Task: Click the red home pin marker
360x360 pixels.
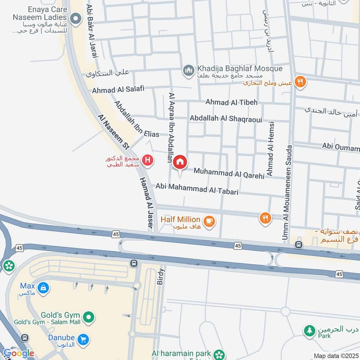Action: coord(180,162)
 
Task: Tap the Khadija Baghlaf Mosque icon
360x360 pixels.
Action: coord(188,70)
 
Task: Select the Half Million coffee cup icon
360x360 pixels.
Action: coord(209,220)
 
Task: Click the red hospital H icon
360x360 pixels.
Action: coord(147,160)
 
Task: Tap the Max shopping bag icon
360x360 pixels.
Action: coord(43,287)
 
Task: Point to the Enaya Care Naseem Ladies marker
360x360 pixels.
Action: coord(76,18)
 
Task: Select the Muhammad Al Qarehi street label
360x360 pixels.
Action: coord(229,173)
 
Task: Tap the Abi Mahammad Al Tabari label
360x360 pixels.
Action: coord(197,188)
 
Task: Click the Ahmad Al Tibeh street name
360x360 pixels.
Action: coord(231,102)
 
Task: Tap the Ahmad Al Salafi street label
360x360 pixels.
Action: coord(118,90)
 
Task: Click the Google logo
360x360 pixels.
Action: coord(18,353)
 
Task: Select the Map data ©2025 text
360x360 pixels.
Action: coord(335,356)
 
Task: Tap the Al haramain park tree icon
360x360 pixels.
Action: coord(219,354)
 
